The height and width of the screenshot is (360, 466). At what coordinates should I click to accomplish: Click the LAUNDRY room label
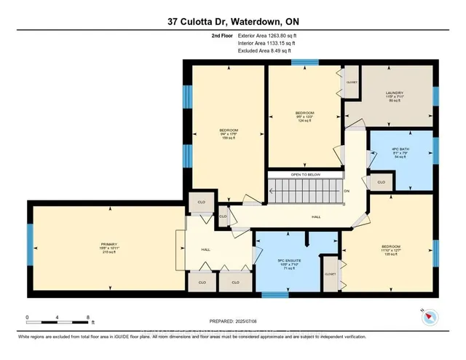coord(395,96)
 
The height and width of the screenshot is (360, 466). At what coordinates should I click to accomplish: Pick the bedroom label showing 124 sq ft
coord(304,116)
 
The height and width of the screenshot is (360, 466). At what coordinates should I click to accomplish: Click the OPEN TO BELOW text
coord(306,175)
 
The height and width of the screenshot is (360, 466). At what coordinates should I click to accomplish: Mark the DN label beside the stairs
coord(347,192)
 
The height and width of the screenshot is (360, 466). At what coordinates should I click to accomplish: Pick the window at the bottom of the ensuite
coord(275,295)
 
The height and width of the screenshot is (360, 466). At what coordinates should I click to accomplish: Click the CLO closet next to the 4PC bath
coord(380,181)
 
